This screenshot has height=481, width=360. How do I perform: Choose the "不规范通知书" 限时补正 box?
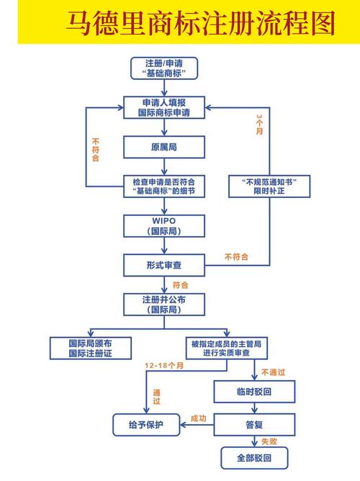(269, 186)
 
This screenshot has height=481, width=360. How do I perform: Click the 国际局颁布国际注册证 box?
(90, 349)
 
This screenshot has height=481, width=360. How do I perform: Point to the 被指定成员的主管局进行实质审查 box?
(225, 349)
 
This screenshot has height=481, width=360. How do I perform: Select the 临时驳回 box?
(254, 391)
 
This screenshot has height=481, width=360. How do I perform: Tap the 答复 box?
(254, 424)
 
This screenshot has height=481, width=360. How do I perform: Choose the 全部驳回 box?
(254, 457)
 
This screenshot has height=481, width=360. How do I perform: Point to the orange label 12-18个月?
(164, 367)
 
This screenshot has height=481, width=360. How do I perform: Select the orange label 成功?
(198, 418)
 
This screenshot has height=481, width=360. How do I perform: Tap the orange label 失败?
(269, 441)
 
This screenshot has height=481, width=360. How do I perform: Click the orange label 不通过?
(274, 373)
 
